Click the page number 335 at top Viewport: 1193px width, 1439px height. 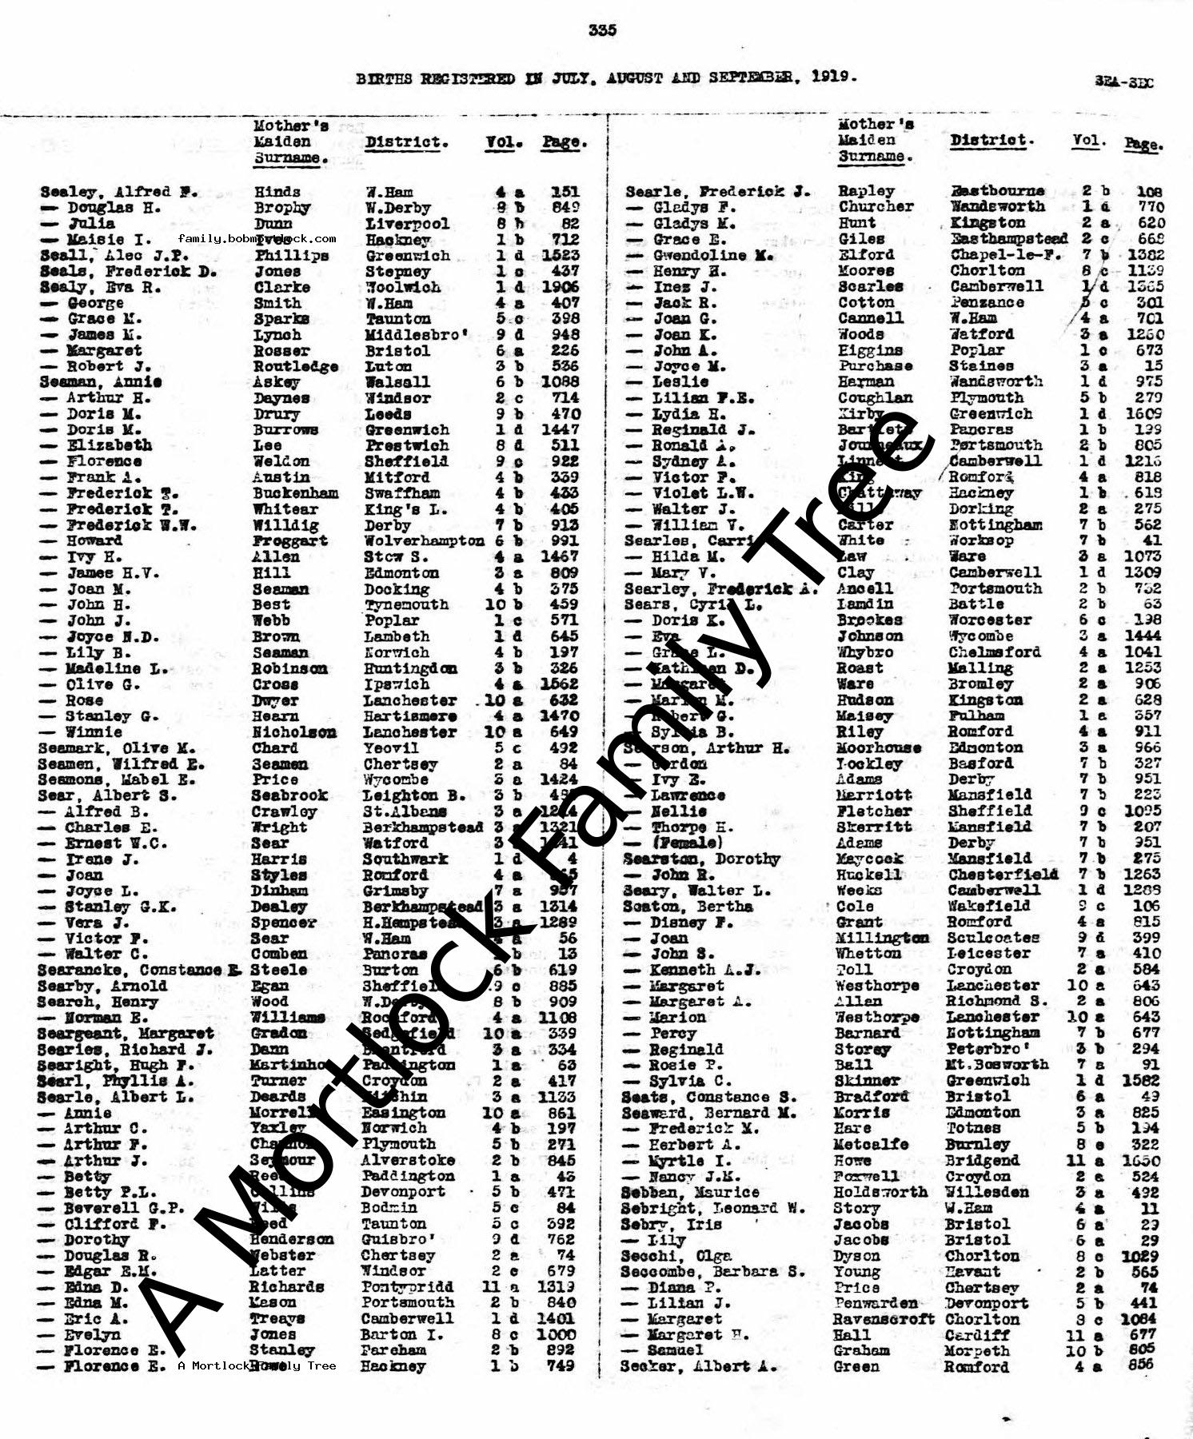pyautogui.click(x=602, y=30)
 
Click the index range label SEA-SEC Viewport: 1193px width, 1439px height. pyautogui.click(x=1124, y=82)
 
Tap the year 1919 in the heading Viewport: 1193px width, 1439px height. pyautogui.click(x=834, y=78)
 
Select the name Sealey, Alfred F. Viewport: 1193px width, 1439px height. pyautogui.click(x=118, y=192)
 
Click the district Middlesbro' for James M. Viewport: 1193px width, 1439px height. pyautogui.click(x=417, y=335)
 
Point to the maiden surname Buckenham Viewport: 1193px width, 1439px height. pyautogui.click(x=296, y=493)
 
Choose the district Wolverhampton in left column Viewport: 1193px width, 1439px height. pyautogui.click(x=424, y=541)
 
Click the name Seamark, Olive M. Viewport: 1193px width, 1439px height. pyautogui.click(x=116, y=748)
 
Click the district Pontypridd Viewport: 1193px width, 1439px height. pyautogui.click(x=407, y=1287)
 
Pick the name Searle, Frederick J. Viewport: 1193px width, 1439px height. pyautogui.click(x=717, y=192)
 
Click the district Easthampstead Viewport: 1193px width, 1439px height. pyautogui.click(x=1008, y=239)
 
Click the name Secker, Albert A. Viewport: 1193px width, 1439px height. pyautogui.click(x=698, y=1367)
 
